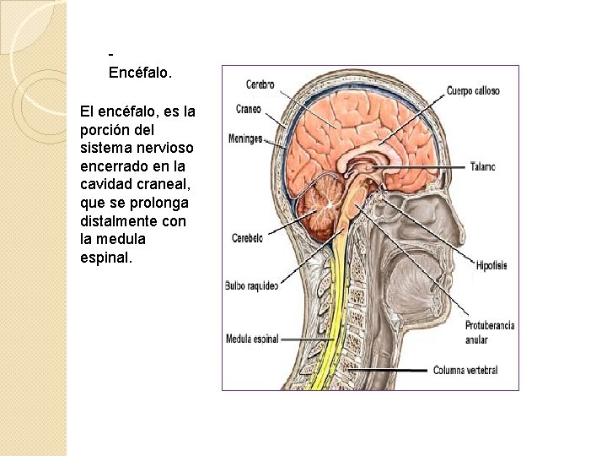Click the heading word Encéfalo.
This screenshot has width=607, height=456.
(x=140, y=73)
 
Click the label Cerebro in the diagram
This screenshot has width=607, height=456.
(x=260, y=84)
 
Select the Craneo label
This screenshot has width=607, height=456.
(x=249, y=109)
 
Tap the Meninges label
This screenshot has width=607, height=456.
(x=245, y=138)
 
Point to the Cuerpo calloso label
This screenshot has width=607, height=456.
(x=473, y=90)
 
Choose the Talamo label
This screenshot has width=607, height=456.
(x=483, y=166)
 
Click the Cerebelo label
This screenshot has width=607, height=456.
(x=248, y=238)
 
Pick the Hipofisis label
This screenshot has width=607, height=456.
(x=491, y=265)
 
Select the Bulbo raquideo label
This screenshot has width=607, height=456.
(x=251, y=285)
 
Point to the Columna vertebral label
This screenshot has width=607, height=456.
(x=465, y=370)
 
